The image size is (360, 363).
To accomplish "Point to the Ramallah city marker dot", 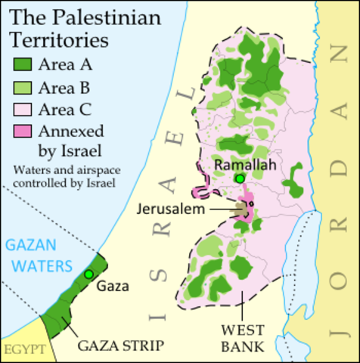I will click(240, 178).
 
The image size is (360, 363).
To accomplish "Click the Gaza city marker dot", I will click(89, 274).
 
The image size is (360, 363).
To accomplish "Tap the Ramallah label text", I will click(241, 164).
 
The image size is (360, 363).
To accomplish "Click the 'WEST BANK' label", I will click(242, 338).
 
